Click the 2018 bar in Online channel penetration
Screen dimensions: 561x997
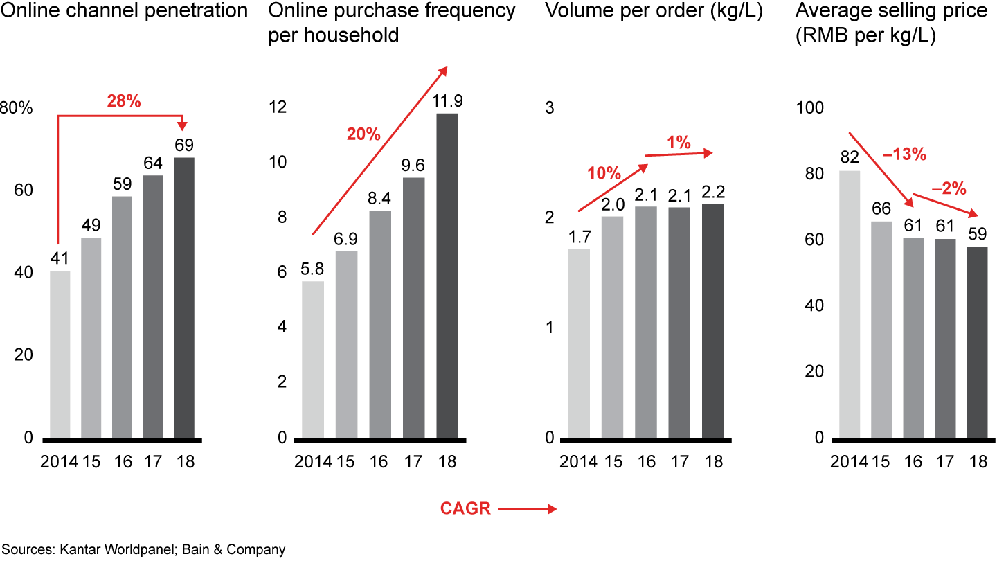tap(184, 298)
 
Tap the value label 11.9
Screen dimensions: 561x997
tap(447, 101)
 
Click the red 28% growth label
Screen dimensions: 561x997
tap(124, 101)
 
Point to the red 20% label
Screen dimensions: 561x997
tap(364, 134)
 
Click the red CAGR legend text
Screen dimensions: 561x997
tap(465, 509)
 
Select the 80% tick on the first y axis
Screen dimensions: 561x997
tap(16, 108)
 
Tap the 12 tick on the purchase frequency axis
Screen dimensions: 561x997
tap(278, 108)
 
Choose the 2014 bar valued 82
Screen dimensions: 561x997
tap(850, 304)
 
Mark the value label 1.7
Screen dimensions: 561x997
tap(579, 236)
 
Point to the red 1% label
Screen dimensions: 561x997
tap(679, 143)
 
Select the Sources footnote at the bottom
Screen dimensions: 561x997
tap(143, 550)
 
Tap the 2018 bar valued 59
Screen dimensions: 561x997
tap(978, 343)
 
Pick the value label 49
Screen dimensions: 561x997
tap(91, 226)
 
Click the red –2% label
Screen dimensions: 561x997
tap(949, 188)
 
